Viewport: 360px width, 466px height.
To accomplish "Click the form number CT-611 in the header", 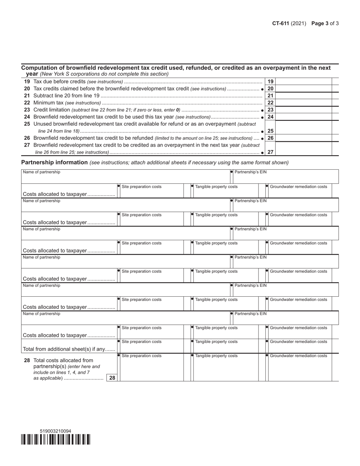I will [x=280, y=23].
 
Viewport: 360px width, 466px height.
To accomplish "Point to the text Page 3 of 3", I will [x=325, y=23].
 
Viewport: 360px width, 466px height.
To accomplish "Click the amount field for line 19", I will [x=303, y=81].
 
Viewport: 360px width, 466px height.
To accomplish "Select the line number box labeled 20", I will [x=271, y=89].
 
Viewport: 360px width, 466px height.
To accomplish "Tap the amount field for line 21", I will [x=303, y=95].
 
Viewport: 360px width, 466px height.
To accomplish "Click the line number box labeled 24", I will [x=271, y=117].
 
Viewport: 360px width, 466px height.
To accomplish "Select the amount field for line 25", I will [x=303, y=131].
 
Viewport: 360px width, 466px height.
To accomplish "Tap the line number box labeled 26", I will [x=271, y=138].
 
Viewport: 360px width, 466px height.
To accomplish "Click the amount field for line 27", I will [x=303, y=152].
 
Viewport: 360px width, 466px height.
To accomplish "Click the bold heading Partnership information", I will [x=54, y=162].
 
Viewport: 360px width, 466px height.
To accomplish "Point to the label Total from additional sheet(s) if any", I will [x=69, y=349].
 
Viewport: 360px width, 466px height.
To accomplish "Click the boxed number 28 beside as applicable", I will [x=112, y=377].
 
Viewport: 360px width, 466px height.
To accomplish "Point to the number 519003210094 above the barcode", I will [x=55, y=431].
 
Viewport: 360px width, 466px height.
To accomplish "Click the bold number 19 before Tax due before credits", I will [x=27, y=81].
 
